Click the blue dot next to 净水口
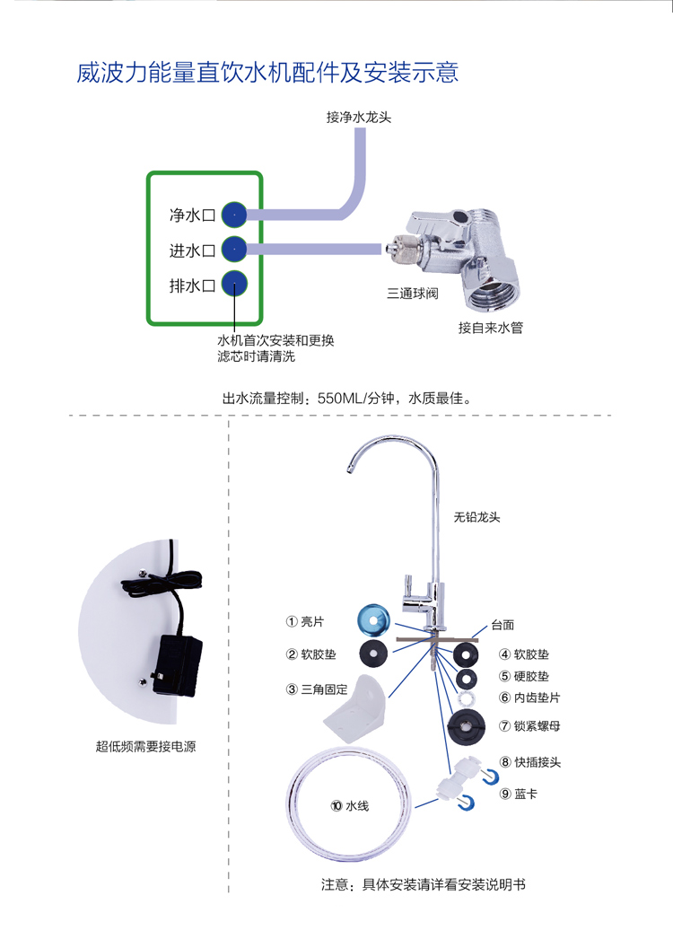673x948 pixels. pos(233,215)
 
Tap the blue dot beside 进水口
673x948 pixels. pos(233,249)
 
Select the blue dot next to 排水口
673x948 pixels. pos(233,285)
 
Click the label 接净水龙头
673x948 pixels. pos(359,117)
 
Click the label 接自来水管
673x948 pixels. pos(490,328)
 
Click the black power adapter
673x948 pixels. pos(177,665)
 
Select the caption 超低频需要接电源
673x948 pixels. pos(145,745)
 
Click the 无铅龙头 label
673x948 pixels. pos(476,517)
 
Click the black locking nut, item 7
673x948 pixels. pos(465,725)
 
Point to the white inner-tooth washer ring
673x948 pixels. pos(465,698)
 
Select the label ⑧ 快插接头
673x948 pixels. pos(530,762)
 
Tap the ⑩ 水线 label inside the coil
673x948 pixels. pos(349,805)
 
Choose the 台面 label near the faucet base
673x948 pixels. pos(503,625)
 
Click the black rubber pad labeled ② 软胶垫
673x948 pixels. pos(374,653)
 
